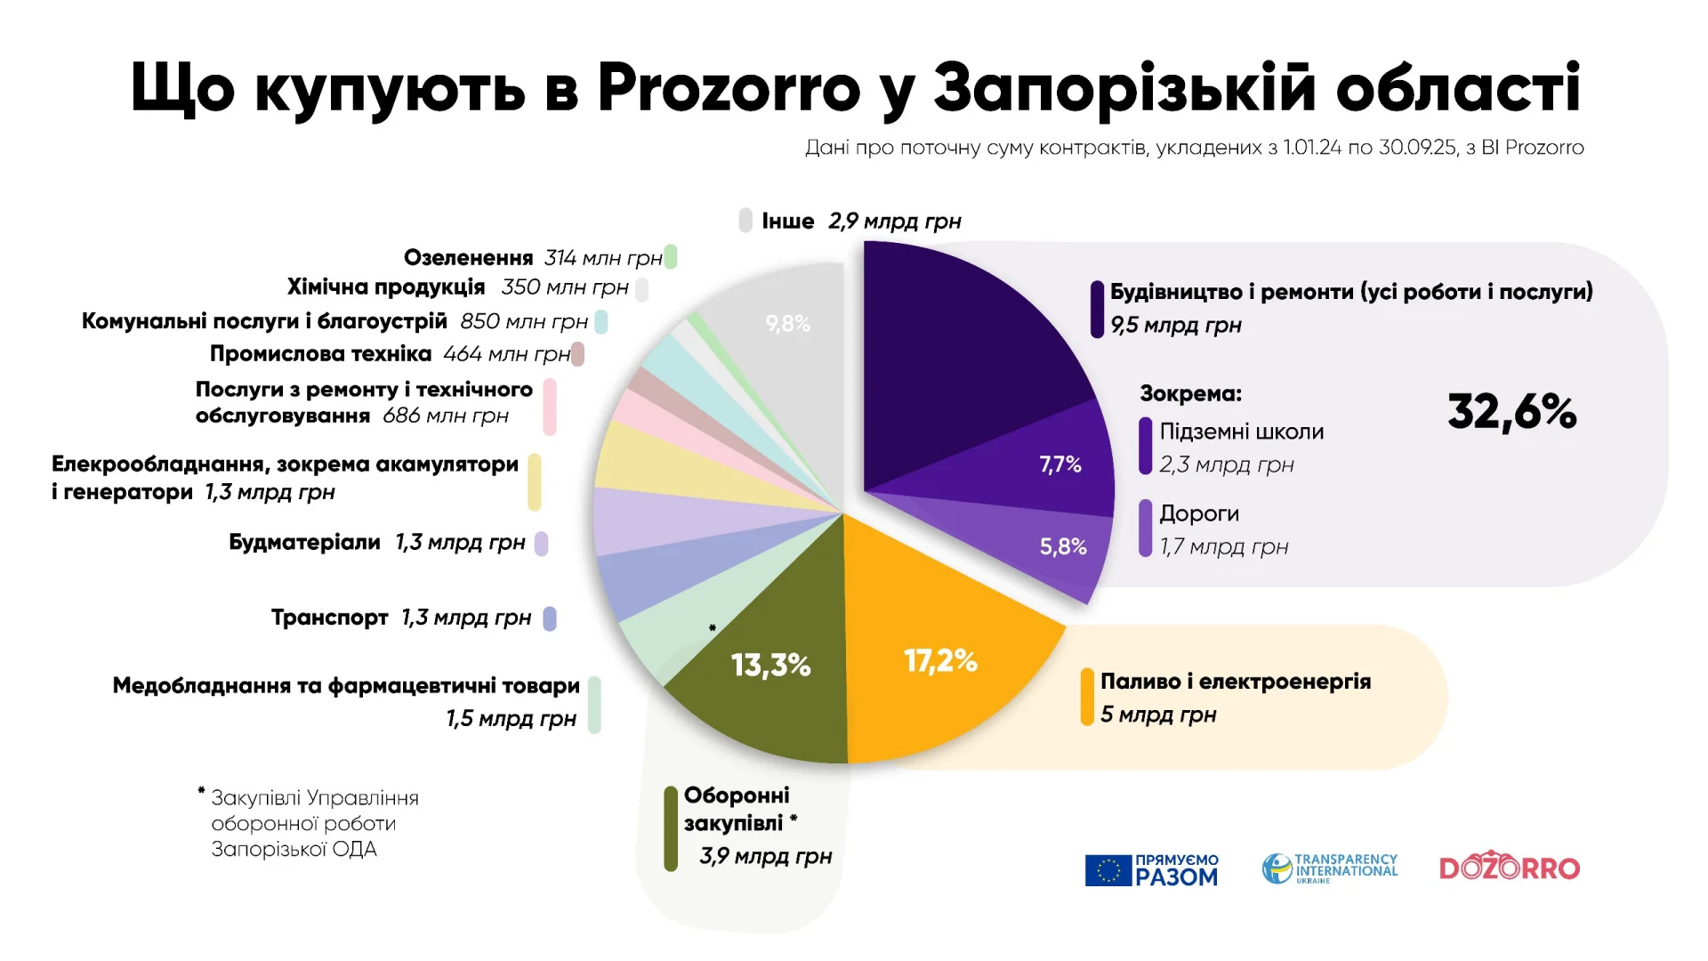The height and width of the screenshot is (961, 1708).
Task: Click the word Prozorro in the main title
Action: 729,89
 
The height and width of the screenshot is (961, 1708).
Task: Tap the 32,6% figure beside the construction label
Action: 1511,412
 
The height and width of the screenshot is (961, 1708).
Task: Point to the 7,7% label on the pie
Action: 1060,464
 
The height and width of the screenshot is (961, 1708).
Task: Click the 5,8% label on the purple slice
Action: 1063,546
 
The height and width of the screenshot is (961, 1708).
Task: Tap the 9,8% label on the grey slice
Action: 788,324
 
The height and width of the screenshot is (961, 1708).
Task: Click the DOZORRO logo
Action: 1509,867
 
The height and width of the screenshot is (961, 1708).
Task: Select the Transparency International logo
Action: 1329,868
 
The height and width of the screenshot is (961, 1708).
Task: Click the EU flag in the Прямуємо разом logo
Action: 1108,870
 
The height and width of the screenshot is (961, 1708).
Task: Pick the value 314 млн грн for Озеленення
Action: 603,258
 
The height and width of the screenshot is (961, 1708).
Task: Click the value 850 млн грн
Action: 524,321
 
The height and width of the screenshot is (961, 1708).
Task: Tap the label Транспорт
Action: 329,618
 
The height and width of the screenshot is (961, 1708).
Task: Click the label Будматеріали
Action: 304,543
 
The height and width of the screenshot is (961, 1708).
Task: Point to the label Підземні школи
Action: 1241,432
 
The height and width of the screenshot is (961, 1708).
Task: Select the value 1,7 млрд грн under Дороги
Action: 1223,547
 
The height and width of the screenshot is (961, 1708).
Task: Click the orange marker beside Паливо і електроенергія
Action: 1086,697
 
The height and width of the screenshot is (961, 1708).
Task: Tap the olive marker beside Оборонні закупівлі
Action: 671,828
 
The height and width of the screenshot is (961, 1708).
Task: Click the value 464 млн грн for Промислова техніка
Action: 506,354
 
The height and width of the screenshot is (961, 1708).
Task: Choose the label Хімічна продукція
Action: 385,287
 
